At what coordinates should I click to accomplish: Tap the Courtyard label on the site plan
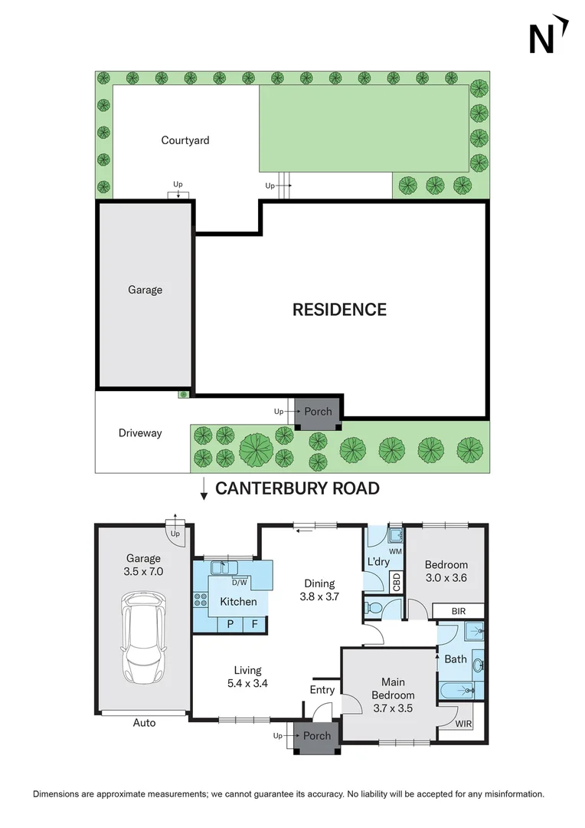click(x=185, y=140)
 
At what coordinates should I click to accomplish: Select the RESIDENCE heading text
click(x=339, y=310)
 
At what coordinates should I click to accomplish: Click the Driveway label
click(x=140, y=433)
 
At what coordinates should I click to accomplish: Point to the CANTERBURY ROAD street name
click(x=297, y=488)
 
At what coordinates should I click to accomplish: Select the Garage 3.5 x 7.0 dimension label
click(x=144, y=565)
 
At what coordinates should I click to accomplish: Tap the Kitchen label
click(x=238, y=602)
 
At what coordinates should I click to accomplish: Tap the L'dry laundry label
click(x=378, y=562)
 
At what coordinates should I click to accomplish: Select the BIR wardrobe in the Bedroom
click(x=458, y=611)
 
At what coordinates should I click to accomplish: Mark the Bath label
click(x=455, y=659)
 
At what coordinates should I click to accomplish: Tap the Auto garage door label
click(x=144, y=723)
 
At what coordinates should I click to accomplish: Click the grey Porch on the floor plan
click(x=317, y=737)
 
